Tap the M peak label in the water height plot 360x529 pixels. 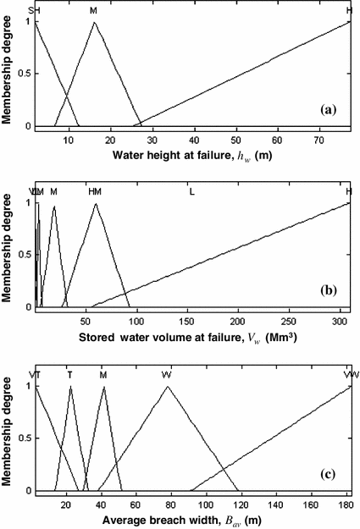coord(93,11)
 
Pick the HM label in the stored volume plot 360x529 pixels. coord(95,192)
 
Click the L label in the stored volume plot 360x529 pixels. coord(191,192)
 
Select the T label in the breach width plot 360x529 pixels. coord(70,374)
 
